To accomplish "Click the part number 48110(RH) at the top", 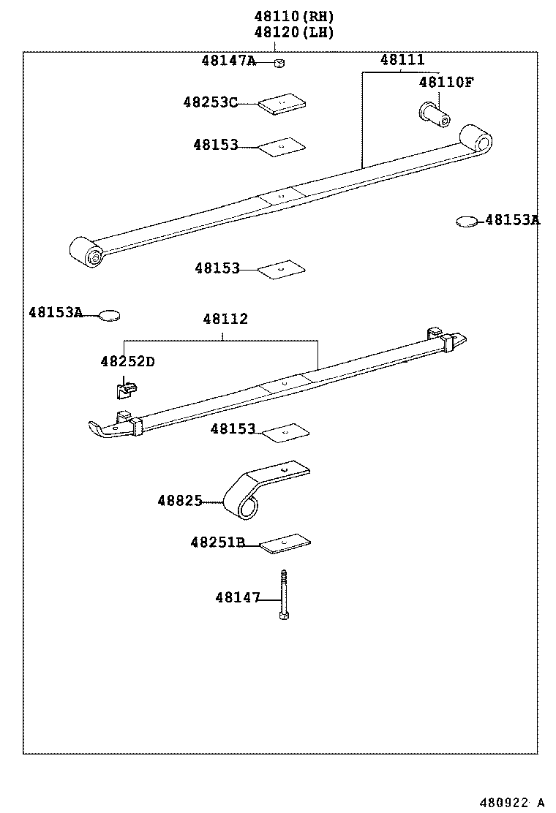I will coord(293,16).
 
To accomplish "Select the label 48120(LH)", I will coord(293,32).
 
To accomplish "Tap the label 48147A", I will coord(228,61).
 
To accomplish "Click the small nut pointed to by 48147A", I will coord(279,63).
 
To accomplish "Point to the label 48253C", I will coord(210,103).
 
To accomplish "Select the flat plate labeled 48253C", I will coord(282,104).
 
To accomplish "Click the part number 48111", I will coord(402,61).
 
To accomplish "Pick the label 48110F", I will coord(446,83).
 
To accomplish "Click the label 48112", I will coord(225,319).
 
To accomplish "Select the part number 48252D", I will coord(127,362).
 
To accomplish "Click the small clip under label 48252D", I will coord(125,387).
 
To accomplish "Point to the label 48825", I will coord(179,501).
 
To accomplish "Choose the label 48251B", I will coord(217,542).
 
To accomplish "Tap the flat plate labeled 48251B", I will coord(285,542).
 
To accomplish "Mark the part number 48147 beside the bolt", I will coord(238,598).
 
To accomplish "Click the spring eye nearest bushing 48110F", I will coord(477,139).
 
